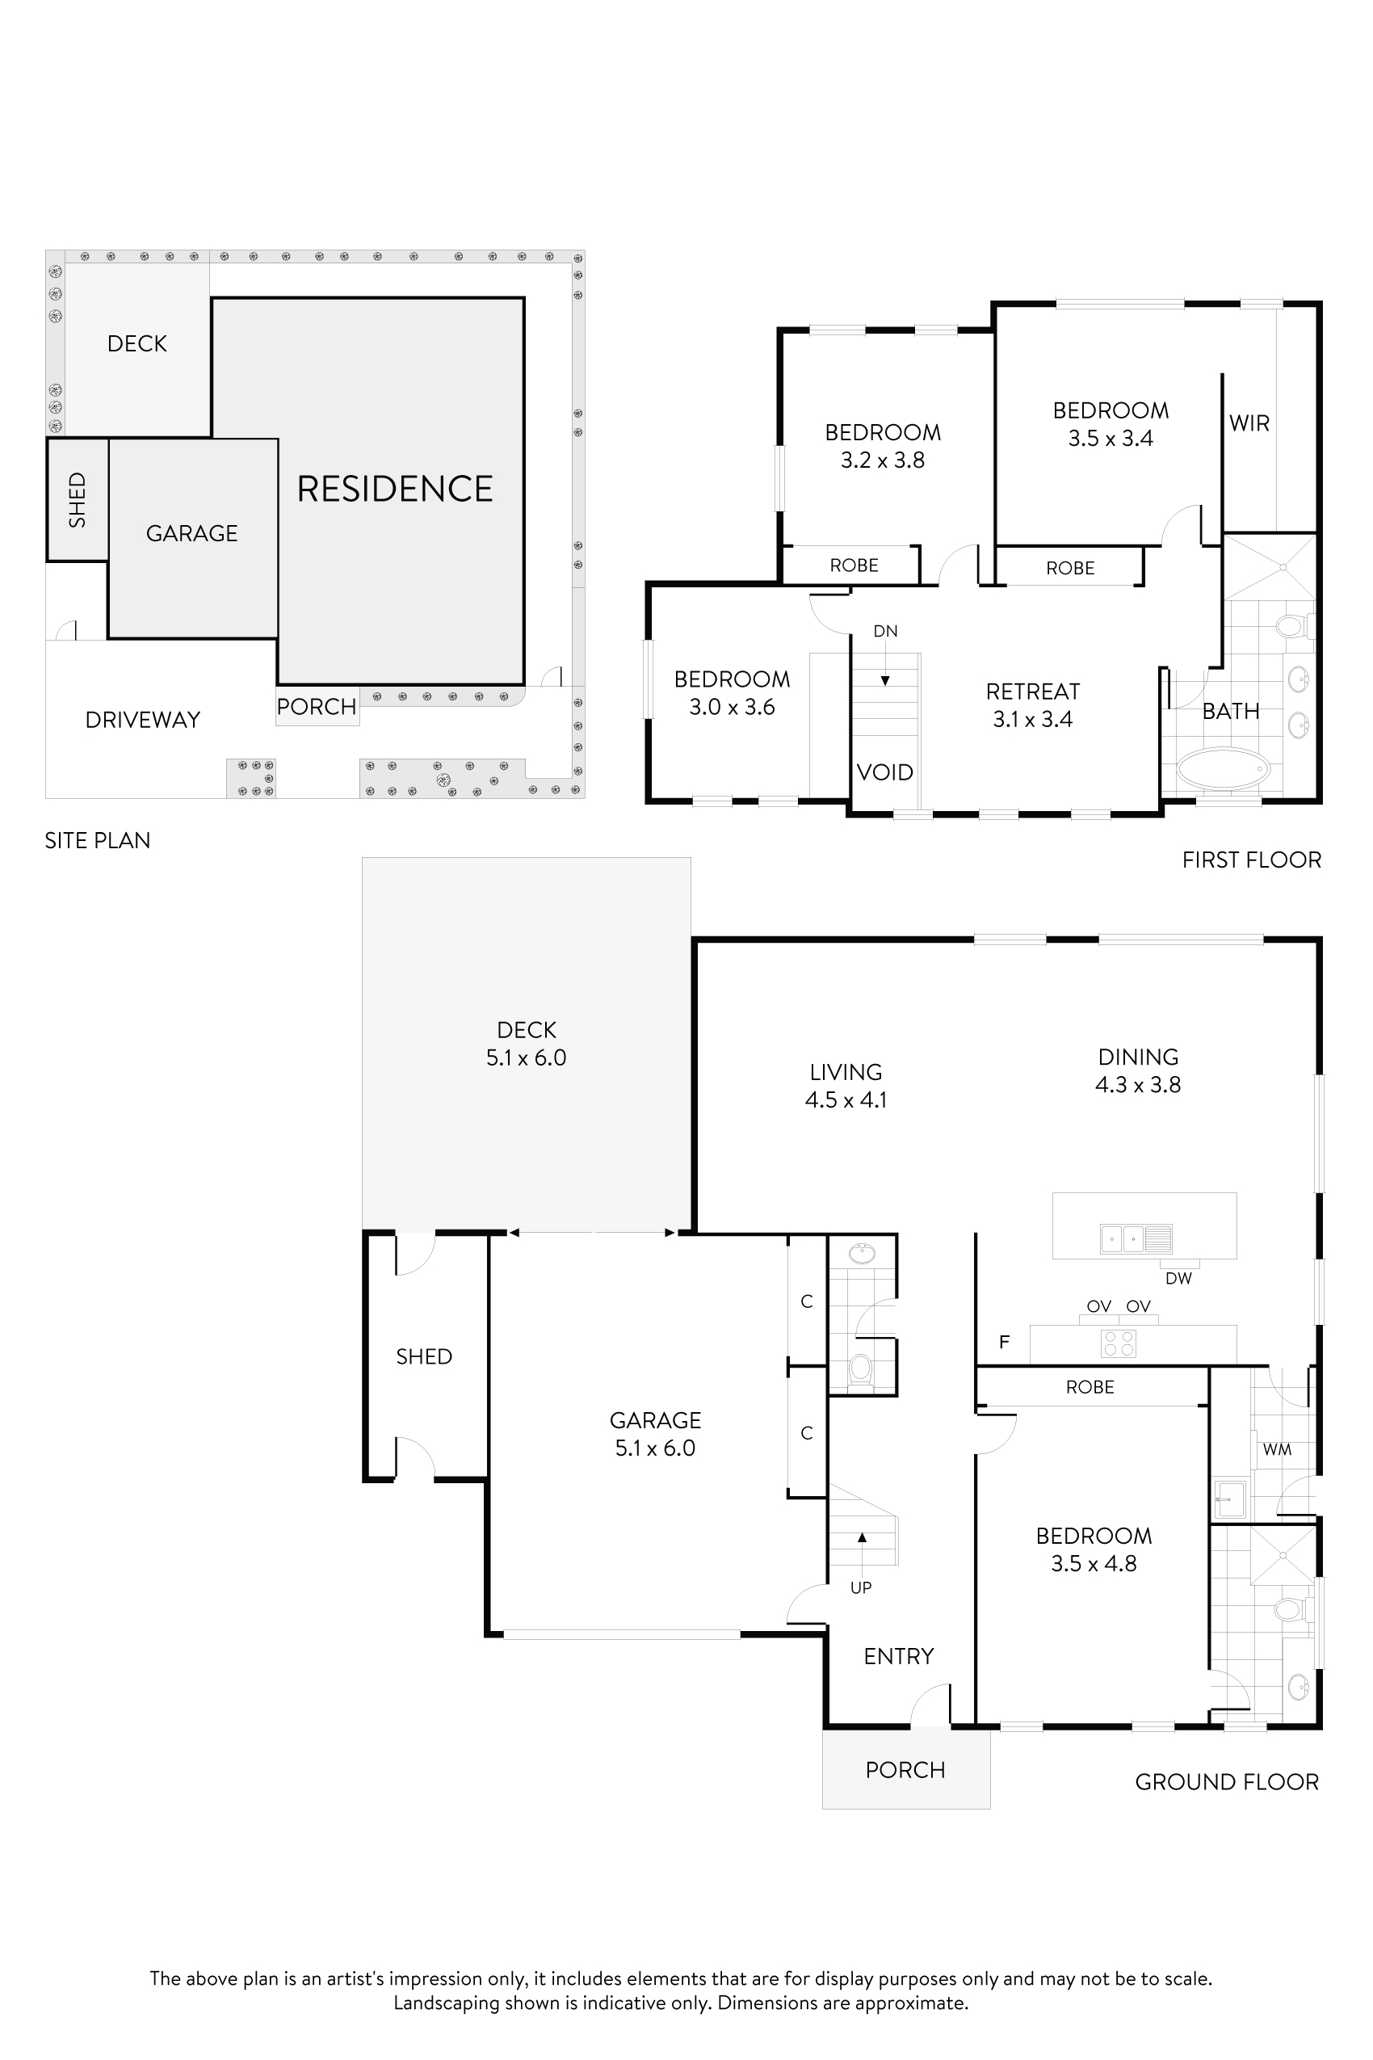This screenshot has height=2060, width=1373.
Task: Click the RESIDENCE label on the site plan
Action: point(394,489)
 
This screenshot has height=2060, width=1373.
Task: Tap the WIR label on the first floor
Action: point(1249,423)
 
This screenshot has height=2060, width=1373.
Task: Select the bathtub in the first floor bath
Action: point(1224,769)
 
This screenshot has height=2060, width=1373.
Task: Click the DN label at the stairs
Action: point(885,631)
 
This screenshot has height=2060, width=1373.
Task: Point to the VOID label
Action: point(884,772)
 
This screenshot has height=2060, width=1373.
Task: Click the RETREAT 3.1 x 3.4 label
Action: point(1032,705)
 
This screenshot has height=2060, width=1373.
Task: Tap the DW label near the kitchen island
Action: point(1178,1278)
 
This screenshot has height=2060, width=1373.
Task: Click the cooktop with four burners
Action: point(1119,1343)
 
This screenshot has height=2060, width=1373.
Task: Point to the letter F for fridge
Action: point(1005,1342)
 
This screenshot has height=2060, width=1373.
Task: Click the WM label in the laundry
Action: point(1277,1449)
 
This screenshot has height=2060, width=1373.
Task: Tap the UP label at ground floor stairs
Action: point(861,1587)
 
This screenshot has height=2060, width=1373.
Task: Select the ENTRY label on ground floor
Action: point(898,1656)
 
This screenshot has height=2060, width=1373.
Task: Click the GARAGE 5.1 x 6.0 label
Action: point(655,1434)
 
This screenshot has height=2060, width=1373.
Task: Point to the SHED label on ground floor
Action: point(424,1356)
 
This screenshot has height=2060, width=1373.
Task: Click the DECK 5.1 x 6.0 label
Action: point(527,1043)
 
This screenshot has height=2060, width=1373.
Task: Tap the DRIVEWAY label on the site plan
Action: point(143,720)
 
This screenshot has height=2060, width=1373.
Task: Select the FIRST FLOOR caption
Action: point(1251,860)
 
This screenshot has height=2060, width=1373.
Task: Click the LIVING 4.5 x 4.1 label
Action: point(845,1085)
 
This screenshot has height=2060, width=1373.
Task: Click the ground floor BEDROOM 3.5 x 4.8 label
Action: point(1094,1549)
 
